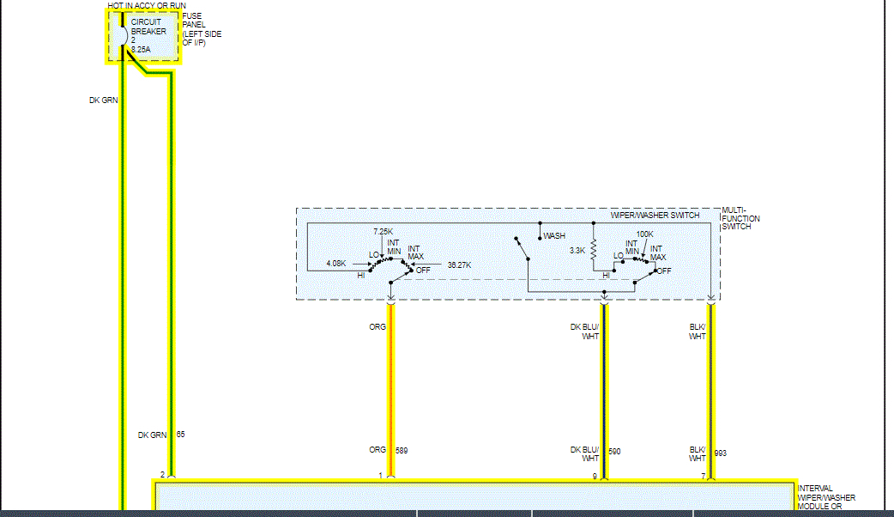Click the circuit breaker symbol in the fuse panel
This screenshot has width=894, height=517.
[122, 36]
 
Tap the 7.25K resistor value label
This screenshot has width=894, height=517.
[383, 233]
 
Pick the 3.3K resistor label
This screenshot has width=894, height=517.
[577, 252]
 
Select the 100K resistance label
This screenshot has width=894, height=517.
[644, 234]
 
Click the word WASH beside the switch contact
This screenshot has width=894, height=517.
[554, 236]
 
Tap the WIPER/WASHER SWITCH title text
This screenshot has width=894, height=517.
[655, 215]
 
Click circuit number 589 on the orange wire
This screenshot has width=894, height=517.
[402, 451]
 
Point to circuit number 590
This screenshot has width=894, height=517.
[614, 451]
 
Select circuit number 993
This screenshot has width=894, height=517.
[721, 453]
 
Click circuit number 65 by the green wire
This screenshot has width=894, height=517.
[180, 435]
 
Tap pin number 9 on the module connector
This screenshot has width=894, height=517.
[595, 475]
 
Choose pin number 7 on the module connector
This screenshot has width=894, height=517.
[703, 475]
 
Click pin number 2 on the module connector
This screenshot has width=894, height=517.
[162, 475]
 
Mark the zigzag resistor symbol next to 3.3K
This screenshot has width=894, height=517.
[593, 251]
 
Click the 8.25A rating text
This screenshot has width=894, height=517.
[140, 51]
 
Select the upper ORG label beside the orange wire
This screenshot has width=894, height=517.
[377, 326]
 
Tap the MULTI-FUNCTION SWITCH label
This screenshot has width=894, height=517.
[740, 219]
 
